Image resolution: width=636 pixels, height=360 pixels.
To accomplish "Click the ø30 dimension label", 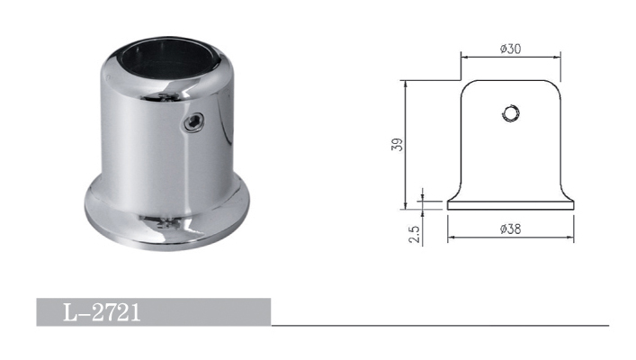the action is tap(510, 49).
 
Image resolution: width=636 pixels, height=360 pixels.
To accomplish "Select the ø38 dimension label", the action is tap(510, 229).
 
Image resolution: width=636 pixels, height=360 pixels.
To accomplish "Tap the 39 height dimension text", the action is tap(398, 145).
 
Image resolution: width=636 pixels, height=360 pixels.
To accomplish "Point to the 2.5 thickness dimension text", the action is tap(414, 234).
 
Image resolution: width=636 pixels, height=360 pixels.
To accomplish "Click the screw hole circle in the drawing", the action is tap(511, 113).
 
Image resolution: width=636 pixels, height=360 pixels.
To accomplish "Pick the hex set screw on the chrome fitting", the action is tap(194, 122).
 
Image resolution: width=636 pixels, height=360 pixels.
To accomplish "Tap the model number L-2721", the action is tap(102, 312).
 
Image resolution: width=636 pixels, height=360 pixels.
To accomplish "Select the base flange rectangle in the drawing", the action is tap(511, 205).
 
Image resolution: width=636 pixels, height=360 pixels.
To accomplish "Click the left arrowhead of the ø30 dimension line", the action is tap(464, 58).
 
